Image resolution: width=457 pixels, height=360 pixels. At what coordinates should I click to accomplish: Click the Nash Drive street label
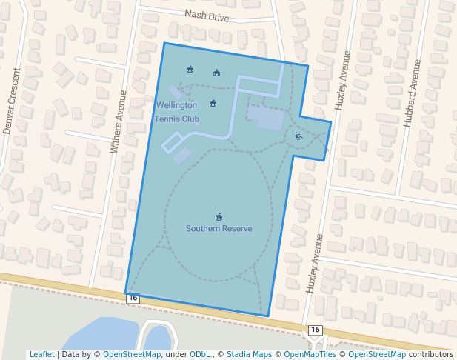point(207,16)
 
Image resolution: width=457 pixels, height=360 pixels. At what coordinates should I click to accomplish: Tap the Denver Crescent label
point(12,101)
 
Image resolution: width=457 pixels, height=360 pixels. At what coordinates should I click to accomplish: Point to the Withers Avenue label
point(119,121)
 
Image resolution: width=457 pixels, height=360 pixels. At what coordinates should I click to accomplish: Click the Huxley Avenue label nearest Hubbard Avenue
point(341,81)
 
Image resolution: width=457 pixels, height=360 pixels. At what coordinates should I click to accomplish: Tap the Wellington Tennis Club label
point(177,112)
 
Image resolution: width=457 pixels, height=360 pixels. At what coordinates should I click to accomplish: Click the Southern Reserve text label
point(219,228)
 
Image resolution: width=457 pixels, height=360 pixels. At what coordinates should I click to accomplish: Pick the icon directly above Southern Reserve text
point(219,216)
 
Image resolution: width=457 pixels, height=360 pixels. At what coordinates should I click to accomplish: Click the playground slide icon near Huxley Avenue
point(298,136)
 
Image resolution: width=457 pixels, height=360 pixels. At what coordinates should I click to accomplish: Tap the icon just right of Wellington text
point(213,103)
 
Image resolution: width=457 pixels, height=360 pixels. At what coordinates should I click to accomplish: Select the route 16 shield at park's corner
point(133,298)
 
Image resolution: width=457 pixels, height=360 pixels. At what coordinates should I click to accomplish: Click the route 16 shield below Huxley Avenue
point(316,330)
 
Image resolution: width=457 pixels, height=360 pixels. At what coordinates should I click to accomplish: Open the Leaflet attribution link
point(41,354)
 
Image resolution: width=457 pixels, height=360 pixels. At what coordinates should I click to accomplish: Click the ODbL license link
point(201,354)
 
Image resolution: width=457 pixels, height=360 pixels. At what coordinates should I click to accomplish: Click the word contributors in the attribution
point(431,354)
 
